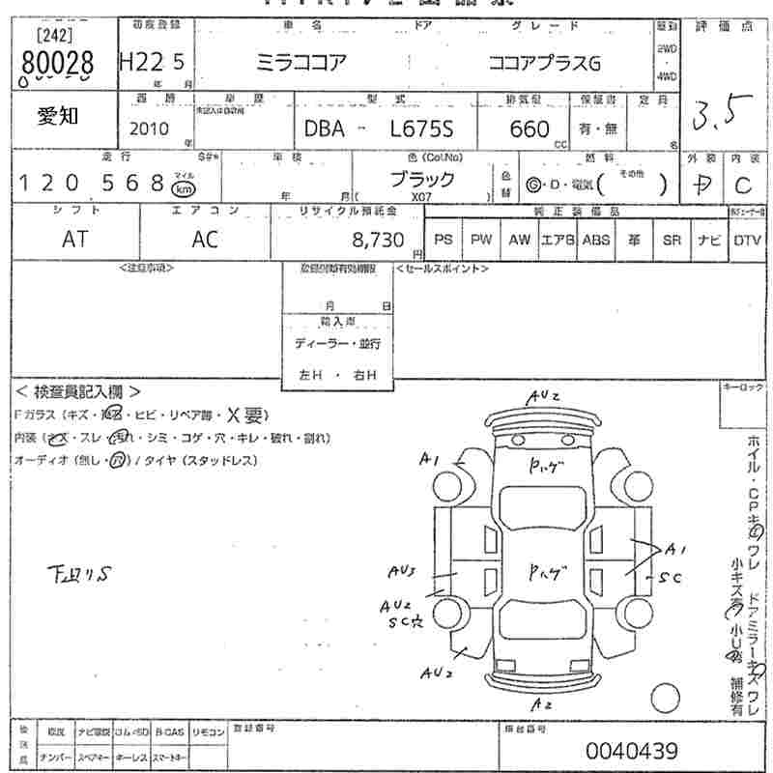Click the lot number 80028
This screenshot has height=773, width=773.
click(x=55, y=64)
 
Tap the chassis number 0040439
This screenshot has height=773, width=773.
click(x=631, y=751)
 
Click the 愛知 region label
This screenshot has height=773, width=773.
click(x=59, y=116)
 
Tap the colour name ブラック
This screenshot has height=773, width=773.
click(x=422, y=179)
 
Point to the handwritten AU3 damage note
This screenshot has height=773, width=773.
click(x=401, y=572)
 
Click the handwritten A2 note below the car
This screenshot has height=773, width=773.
click(x=542, y=704)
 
